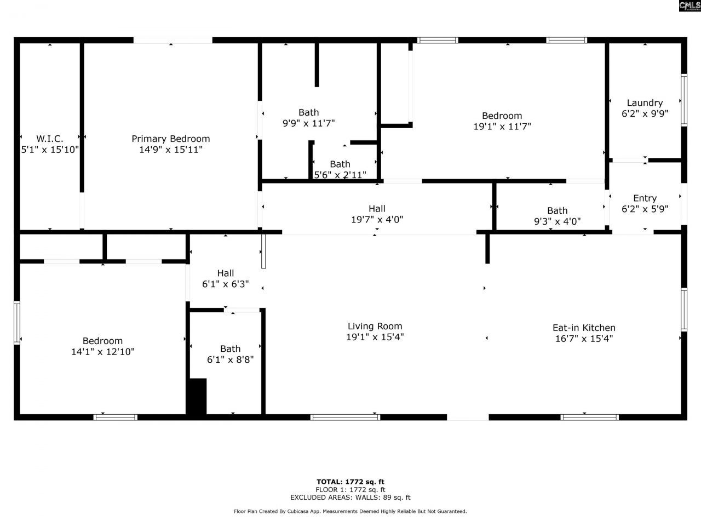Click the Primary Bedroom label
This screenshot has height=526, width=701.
coord(170,139)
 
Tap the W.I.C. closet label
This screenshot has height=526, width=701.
coord(50,139)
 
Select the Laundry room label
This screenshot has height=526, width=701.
coord(645,103)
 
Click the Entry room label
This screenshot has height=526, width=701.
coord(645,198)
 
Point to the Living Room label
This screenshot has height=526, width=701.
coord(375,326)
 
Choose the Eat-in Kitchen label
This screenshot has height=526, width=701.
coord(584,328)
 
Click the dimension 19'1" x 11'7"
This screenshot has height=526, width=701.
coord(502,126)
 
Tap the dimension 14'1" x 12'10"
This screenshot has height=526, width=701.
coord(103,352)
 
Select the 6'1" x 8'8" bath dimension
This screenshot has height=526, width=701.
coord(230,359)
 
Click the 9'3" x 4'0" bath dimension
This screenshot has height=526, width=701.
coord(557,221)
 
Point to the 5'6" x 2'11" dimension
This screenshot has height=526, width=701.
coord(340,175)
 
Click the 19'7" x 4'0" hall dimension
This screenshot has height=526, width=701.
coord(377,219)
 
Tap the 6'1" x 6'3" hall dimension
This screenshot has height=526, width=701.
coord(225,284)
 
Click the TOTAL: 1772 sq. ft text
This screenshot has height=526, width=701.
coord(350,482)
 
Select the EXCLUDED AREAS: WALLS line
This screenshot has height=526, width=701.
coord(350,498)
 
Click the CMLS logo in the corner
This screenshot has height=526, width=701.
coord(689,5)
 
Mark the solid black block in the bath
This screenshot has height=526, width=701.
coord(197,396)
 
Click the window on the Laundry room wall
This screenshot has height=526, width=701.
coord(683,100)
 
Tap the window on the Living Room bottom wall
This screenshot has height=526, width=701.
coord(345,418)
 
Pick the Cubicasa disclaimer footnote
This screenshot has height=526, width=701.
coord(350,511)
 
